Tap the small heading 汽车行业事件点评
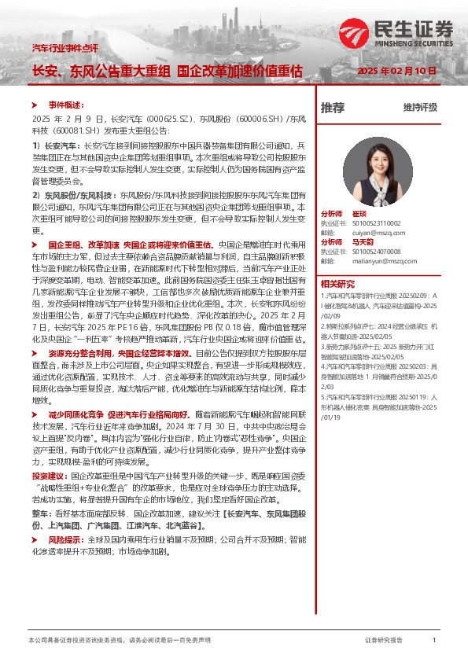pyautogui.click(x=64, y=49)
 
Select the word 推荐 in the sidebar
pyautogui.click(x=333, y=108)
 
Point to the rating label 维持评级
pyautogui.click(x=419, y=108)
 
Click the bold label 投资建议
pyautogui.click(x=50, y=476)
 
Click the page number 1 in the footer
pyautogui.click(x=434, y=641)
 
